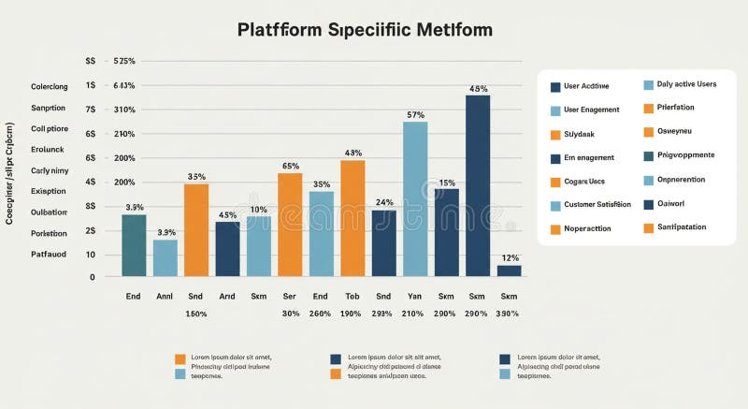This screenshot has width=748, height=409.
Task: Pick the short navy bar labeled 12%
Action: click(509, 270)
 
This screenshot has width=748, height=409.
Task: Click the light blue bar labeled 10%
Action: click(258, 246)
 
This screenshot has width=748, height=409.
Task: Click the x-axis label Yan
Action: click(415, 295)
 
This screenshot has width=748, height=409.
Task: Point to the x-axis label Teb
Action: click(352, 295)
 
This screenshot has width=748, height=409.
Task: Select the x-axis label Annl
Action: click(165, 295)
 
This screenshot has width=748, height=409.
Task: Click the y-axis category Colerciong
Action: click(49, 87)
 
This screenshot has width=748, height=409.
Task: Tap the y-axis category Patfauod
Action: click(49, 254)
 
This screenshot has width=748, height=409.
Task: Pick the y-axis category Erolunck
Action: click(49, 149)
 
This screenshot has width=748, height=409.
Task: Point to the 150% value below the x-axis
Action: click(195, 314)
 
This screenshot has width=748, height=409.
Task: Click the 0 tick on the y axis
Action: click(93, 277)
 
